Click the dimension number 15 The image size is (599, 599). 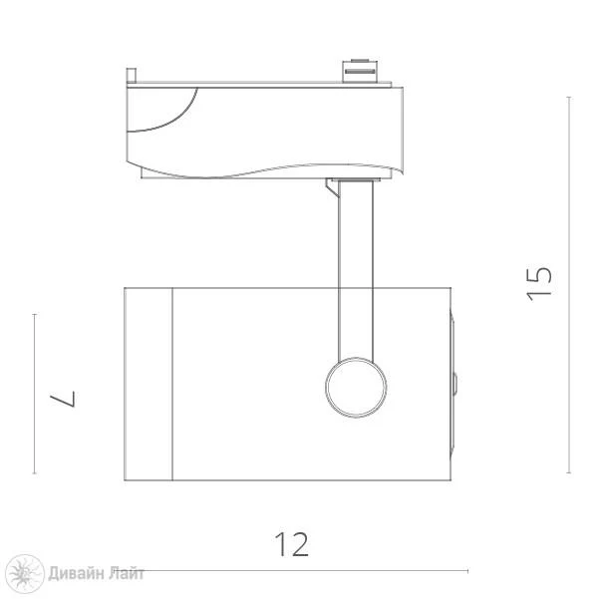point(539,283)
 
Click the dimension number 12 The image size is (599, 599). point(291,544)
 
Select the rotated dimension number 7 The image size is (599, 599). point(63,399)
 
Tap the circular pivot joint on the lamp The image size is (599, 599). point(356,387)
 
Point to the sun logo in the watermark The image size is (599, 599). point(25,574)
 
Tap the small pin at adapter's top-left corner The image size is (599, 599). point(132,75)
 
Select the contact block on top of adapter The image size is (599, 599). point(360,71)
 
